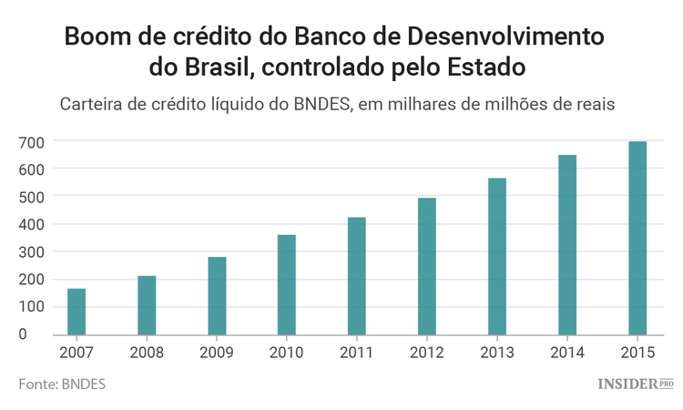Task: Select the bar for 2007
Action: coord(76,312)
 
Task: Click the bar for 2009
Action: coord(217,295)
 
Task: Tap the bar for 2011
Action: coord(357,275)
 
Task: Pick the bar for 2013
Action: coord(497,256)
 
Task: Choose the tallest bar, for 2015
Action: coord(637,238)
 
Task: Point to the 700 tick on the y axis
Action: coord(32,141)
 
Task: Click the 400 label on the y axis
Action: coord(32,224)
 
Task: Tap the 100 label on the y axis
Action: coord(32,306)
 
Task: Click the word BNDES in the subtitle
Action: coord(321,104)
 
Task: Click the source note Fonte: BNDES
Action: coord(62,384)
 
